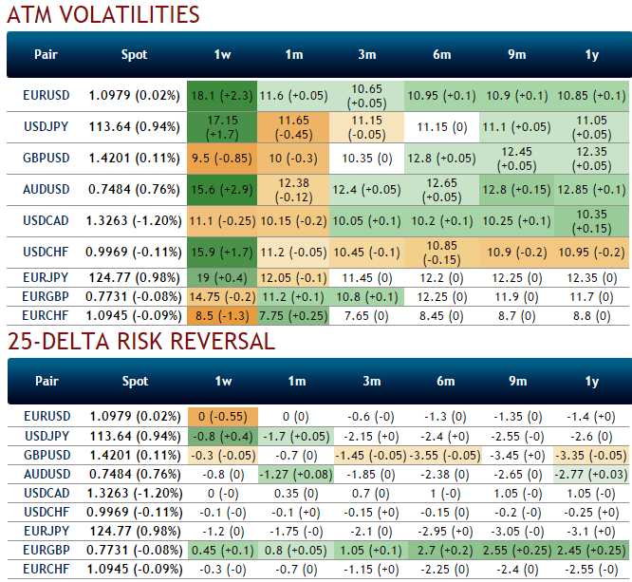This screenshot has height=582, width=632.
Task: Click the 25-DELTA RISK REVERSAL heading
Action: pos(141,342)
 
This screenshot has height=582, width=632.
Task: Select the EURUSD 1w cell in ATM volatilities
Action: pos(222,95)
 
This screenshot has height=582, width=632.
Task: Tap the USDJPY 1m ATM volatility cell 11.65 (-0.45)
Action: pos(296,126)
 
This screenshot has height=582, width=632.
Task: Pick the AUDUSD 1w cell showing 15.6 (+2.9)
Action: pos(222,189)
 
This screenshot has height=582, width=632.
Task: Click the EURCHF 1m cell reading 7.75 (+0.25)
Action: pos(296,313)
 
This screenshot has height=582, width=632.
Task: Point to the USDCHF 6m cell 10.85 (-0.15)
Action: pos(442,252)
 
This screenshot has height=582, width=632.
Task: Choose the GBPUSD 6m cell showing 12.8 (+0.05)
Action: pos(442,158)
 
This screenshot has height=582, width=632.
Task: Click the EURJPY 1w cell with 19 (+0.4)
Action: pos(222,277)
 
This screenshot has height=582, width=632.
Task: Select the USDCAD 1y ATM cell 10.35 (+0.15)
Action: pos(592,220)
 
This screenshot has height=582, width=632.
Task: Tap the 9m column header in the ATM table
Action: pos(516,54)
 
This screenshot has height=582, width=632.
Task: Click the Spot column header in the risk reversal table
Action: pos(135,381)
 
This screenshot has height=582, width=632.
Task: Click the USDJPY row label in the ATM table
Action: pos(46,126)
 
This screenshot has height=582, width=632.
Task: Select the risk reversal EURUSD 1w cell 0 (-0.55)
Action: pos(222,416)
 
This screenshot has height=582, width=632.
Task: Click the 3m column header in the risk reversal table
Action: pos(368,381)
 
